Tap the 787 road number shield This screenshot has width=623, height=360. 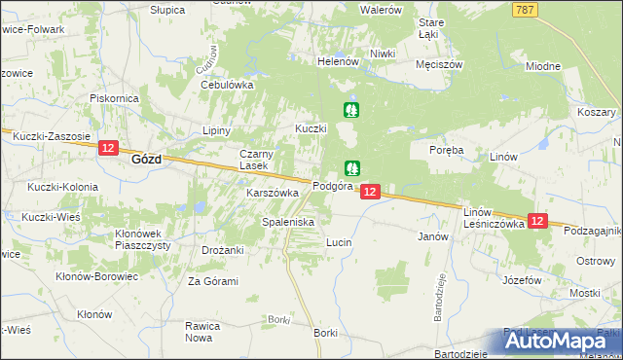pos(526,9)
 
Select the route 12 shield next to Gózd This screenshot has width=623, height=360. pos(108,149)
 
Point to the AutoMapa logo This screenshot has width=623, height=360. pos(562,341)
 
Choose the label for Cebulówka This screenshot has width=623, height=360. pos(227,85)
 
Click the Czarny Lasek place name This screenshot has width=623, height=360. pos(262,161)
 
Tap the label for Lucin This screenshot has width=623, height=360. pos(339,241)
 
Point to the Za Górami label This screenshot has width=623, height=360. pos(213,281)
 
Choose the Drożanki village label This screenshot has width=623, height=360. pos(223,250)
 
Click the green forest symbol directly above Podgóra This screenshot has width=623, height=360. pos(351,168)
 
